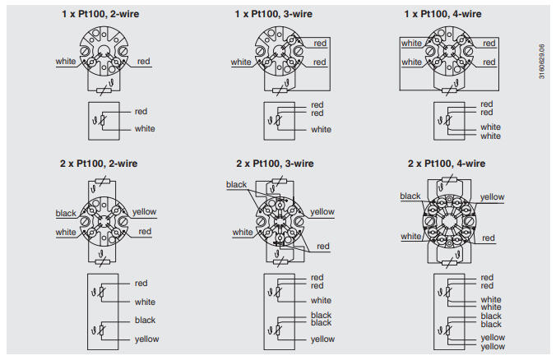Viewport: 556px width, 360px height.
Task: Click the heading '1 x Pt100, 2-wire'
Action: [x=100, y=14]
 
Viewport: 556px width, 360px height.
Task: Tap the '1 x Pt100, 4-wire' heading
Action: [x=443, y=14]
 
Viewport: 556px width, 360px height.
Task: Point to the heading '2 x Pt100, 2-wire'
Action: [x=100, y=164]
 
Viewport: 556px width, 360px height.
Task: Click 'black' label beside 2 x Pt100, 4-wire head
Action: [x=410, y=196]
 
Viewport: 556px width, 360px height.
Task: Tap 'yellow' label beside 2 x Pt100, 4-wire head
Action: [x=492, y=197]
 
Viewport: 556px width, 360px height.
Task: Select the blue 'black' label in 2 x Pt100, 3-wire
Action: [x=236, y=185]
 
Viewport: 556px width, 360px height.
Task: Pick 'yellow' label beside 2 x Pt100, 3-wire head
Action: [x=322, y=212]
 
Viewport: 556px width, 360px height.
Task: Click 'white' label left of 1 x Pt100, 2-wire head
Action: [x=66, y=62]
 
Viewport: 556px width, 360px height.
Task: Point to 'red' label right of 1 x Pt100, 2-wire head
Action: [x=144, y=62]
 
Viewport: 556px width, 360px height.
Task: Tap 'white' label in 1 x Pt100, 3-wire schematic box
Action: [x=321, y=129]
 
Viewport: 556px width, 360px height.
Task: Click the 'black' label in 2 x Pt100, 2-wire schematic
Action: [x=145, y=320]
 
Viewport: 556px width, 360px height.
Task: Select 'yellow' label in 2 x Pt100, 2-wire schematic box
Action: [x=146, y=339]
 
